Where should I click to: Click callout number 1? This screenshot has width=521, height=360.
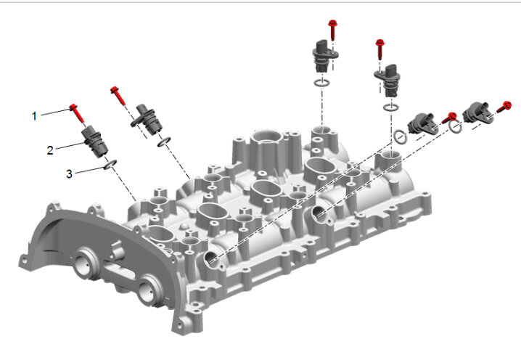34,116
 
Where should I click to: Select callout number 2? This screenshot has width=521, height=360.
50,150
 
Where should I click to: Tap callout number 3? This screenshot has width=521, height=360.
69,174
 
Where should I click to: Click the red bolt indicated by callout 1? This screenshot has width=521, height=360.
78,113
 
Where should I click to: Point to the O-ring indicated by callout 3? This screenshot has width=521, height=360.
110,164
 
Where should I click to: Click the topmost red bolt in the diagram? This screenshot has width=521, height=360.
332,30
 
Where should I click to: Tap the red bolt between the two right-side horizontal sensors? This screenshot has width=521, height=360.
448,118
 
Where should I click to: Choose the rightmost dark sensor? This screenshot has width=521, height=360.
477,112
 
